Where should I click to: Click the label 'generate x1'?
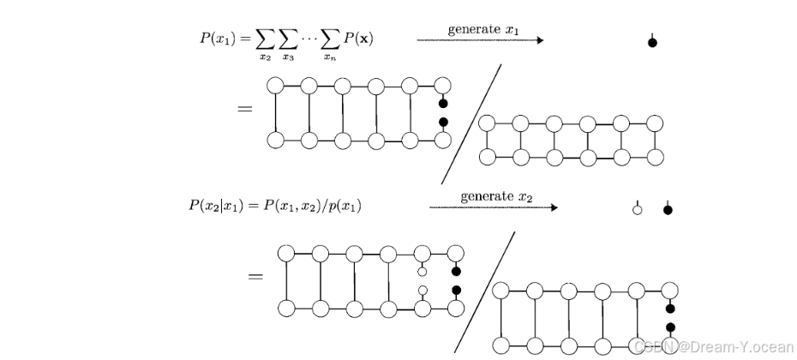coord(483,30)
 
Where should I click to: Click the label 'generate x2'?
coord(496,196)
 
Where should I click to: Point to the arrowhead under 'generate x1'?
coord(540,40)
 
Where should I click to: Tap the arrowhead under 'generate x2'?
coord(554,207)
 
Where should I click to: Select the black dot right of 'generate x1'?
coord(652,42)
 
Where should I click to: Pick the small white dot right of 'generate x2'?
coord(637,209)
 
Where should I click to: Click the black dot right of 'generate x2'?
coord(668,209)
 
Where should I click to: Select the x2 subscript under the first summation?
coord(266,57)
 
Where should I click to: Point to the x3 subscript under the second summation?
coord(289,57)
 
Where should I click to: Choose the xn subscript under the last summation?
coord(328,57)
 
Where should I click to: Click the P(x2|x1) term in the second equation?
coord(213,206)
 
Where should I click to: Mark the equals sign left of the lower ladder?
coord(255,276)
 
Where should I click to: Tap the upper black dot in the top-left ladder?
coord(443,104)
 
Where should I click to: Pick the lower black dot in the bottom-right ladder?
coord(671,327)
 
